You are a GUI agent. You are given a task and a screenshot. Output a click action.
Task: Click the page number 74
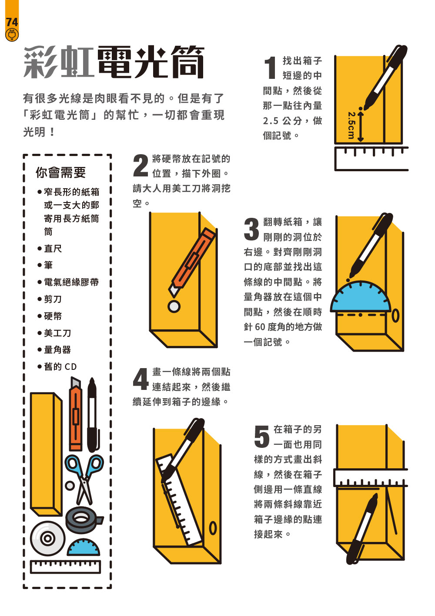click(x=12, y=22)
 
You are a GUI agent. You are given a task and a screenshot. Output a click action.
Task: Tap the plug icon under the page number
click(x=12, y=35)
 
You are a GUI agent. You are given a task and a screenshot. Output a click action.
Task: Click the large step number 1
click(x=271, y=68)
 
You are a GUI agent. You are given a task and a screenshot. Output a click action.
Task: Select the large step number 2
click(x=141, y=165)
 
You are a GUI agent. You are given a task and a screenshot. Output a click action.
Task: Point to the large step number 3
click(x=251, y=229)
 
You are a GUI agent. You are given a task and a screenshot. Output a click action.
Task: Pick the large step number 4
click(x=141, y=379)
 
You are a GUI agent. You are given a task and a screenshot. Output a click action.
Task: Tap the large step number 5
click(x=262, y=436)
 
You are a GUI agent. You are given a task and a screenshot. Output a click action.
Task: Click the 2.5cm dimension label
click(x=351, y=125)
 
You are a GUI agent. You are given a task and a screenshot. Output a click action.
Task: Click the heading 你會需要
click(x=61, y=173)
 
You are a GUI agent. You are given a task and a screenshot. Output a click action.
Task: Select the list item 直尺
click(x=53, y=249)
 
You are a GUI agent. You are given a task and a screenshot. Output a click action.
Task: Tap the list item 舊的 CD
click(x=60, y=366)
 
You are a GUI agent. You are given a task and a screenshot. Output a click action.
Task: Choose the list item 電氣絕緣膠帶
click(x=71, y=282)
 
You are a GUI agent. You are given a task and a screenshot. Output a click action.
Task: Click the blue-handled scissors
click(x=84, y=480)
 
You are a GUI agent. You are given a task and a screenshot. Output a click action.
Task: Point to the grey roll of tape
click(x=84, y=519)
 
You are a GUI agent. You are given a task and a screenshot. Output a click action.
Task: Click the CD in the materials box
click(x=47, y=538)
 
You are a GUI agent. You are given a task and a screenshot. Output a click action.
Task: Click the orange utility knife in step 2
click(x=192, y=262)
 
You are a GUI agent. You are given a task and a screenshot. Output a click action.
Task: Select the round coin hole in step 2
click(x=174, y=306)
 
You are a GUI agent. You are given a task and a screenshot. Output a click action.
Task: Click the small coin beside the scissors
click(x=70, y=485)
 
